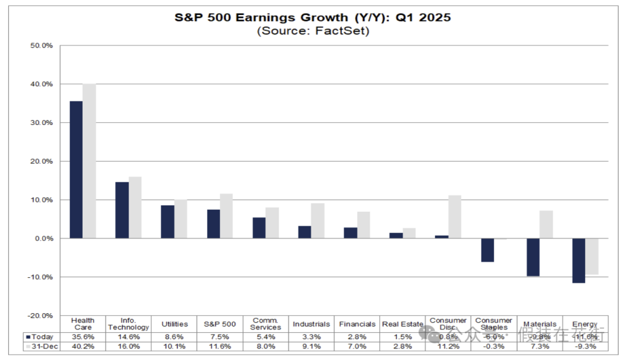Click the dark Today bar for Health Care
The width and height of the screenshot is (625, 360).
[76, 170]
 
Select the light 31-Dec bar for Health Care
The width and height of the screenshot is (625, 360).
[89, 161]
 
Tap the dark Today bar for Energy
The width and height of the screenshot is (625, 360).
[578, 260]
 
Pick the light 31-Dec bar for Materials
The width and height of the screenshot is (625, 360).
[546, 225]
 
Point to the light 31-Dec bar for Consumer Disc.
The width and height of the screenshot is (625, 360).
[454, 217]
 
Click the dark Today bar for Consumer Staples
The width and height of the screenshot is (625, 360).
[487, 250]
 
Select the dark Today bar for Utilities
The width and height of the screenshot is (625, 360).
[167, 222]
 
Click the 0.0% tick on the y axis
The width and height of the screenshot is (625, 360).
[43, 238]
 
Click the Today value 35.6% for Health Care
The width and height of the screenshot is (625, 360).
[83, 336]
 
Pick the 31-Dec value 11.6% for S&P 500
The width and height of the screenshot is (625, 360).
[220, 346]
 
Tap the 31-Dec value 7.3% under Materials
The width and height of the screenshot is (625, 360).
[540, 346]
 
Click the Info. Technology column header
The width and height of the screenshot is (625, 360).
[128, 324]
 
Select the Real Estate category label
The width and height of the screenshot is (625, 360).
[403, 324]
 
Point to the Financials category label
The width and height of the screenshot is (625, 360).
[357, 324]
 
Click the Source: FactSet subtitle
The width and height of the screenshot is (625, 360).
[312, 31]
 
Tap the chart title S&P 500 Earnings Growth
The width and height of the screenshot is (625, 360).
[312, 17]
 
